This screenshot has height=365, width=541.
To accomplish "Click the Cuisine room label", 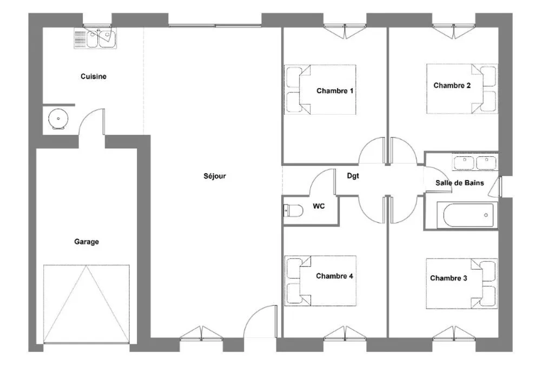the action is pyautogui.click(x=94, y=76).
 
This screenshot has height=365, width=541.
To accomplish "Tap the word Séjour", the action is pyautogui.click(x=215, y=176).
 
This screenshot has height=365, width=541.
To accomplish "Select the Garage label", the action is pyautogui.click(x=87, y=242).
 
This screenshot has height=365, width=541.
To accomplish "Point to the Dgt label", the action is pyautogui.click(x=353, y=176).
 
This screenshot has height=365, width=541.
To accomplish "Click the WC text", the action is pyautogui.click(x=319, y=206).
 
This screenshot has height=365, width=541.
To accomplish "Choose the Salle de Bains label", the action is pyautogui.click(x=459, y=183).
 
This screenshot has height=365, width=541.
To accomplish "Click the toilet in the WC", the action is pyautogui.click(x=293, y=210).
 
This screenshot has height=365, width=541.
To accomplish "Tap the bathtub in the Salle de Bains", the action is pyautogui.click(x=465, y=215).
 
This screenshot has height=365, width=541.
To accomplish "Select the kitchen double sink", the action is pyautogui.click(x=95, y=38).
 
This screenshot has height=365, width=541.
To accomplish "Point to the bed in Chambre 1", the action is pyautogui.click(x=320, y=89).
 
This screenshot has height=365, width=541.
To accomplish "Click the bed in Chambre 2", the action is pyautogui.click(x=462, y=88).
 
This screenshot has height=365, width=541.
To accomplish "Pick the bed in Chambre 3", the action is pyautogui.click(x=461, y=283).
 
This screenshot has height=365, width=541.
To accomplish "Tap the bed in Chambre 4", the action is pyautogui.click(x=320, y=281).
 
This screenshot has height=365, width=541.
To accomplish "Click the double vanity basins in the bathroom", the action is pyautogui.click(x=475, y=163).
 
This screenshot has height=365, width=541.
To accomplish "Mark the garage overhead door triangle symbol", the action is pyautogui.click(x=86, y=304).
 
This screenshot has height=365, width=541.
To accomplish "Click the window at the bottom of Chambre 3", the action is pyautogui.click(x=454, y=333).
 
